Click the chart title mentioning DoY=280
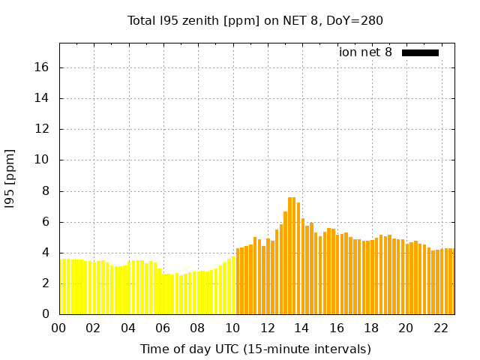255,21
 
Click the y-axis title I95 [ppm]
10,178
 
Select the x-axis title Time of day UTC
255,349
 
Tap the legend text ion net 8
365,52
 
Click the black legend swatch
420,52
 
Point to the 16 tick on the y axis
41,67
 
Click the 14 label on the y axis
41,98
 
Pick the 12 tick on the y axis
41,129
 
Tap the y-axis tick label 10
41,160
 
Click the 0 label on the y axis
45,314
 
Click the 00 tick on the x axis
59,328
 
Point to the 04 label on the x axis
128,328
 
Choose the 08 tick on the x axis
198,328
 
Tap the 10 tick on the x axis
232,328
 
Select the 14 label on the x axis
301,328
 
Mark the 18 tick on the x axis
371,328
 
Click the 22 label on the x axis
440,328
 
